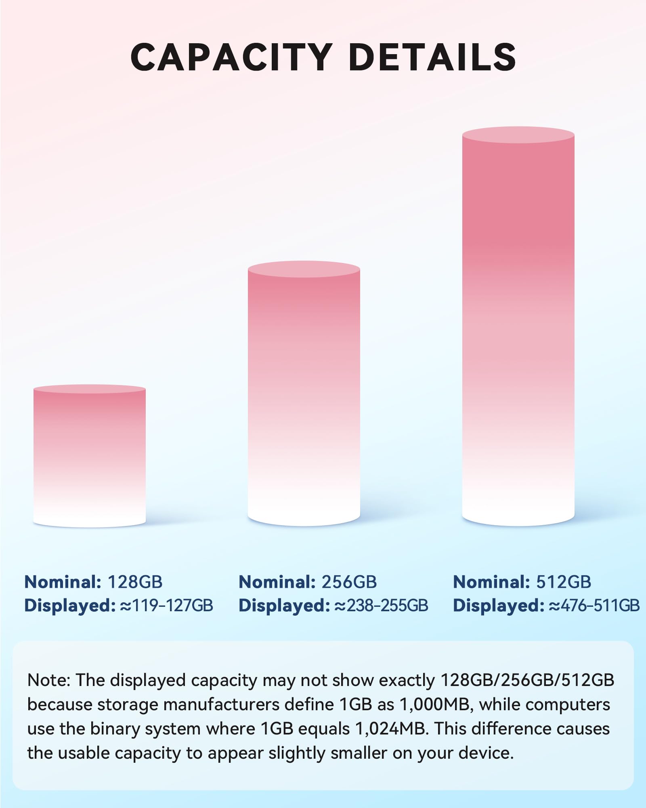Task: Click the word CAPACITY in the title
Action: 231,57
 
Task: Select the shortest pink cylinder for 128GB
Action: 89,457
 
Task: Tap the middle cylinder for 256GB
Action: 304,396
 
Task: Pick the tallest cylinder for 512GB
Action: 518,327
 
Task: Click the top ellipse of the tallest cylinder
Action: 518,135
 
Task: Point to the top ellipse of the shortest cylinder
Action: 89,389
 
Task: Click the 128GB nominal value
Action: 135,582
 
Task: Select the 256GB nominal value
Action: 349,582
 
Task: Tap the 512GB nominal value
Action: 564,582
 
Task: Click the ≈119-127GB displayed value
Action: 166,606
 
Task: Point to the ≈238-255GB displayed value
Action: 381,606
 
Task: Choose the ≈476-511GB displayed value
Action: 594,606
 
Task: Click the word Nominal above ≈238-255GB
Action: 277,582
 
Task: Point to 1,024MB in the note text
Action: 391,729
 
